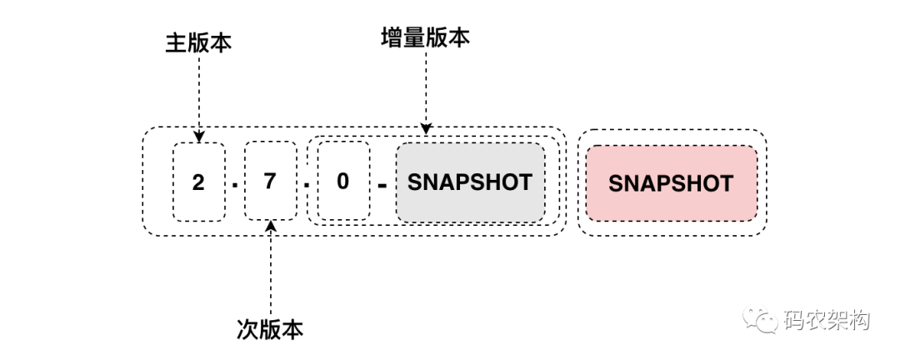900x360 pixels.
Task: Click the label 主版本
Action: coord(198,42)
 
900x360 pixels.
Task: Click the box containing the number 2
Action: coord(198,182)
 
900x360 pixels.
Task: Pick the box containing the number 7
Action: coord(269,182)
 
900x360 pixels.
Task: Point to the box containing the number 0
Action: coord(342,182)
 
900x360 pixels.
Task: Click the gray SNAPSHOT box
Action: coord(470,182)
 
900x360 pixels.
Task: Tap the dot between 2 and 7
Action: coord(234,185)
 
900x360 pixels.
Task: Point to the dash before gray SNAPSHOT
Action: coord(382,185)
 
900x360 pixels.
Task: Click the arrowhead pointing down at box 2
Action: coord(198,135)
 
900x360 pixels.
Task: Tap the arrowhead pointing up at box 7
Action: coord(270,227)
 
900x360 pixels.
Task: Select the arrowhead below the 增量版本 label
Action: coord(426,128)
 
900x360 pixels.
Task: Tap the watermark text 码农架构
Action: coord(825,319)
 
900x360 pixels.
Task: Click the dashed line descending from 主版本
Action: coord(198,92)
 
